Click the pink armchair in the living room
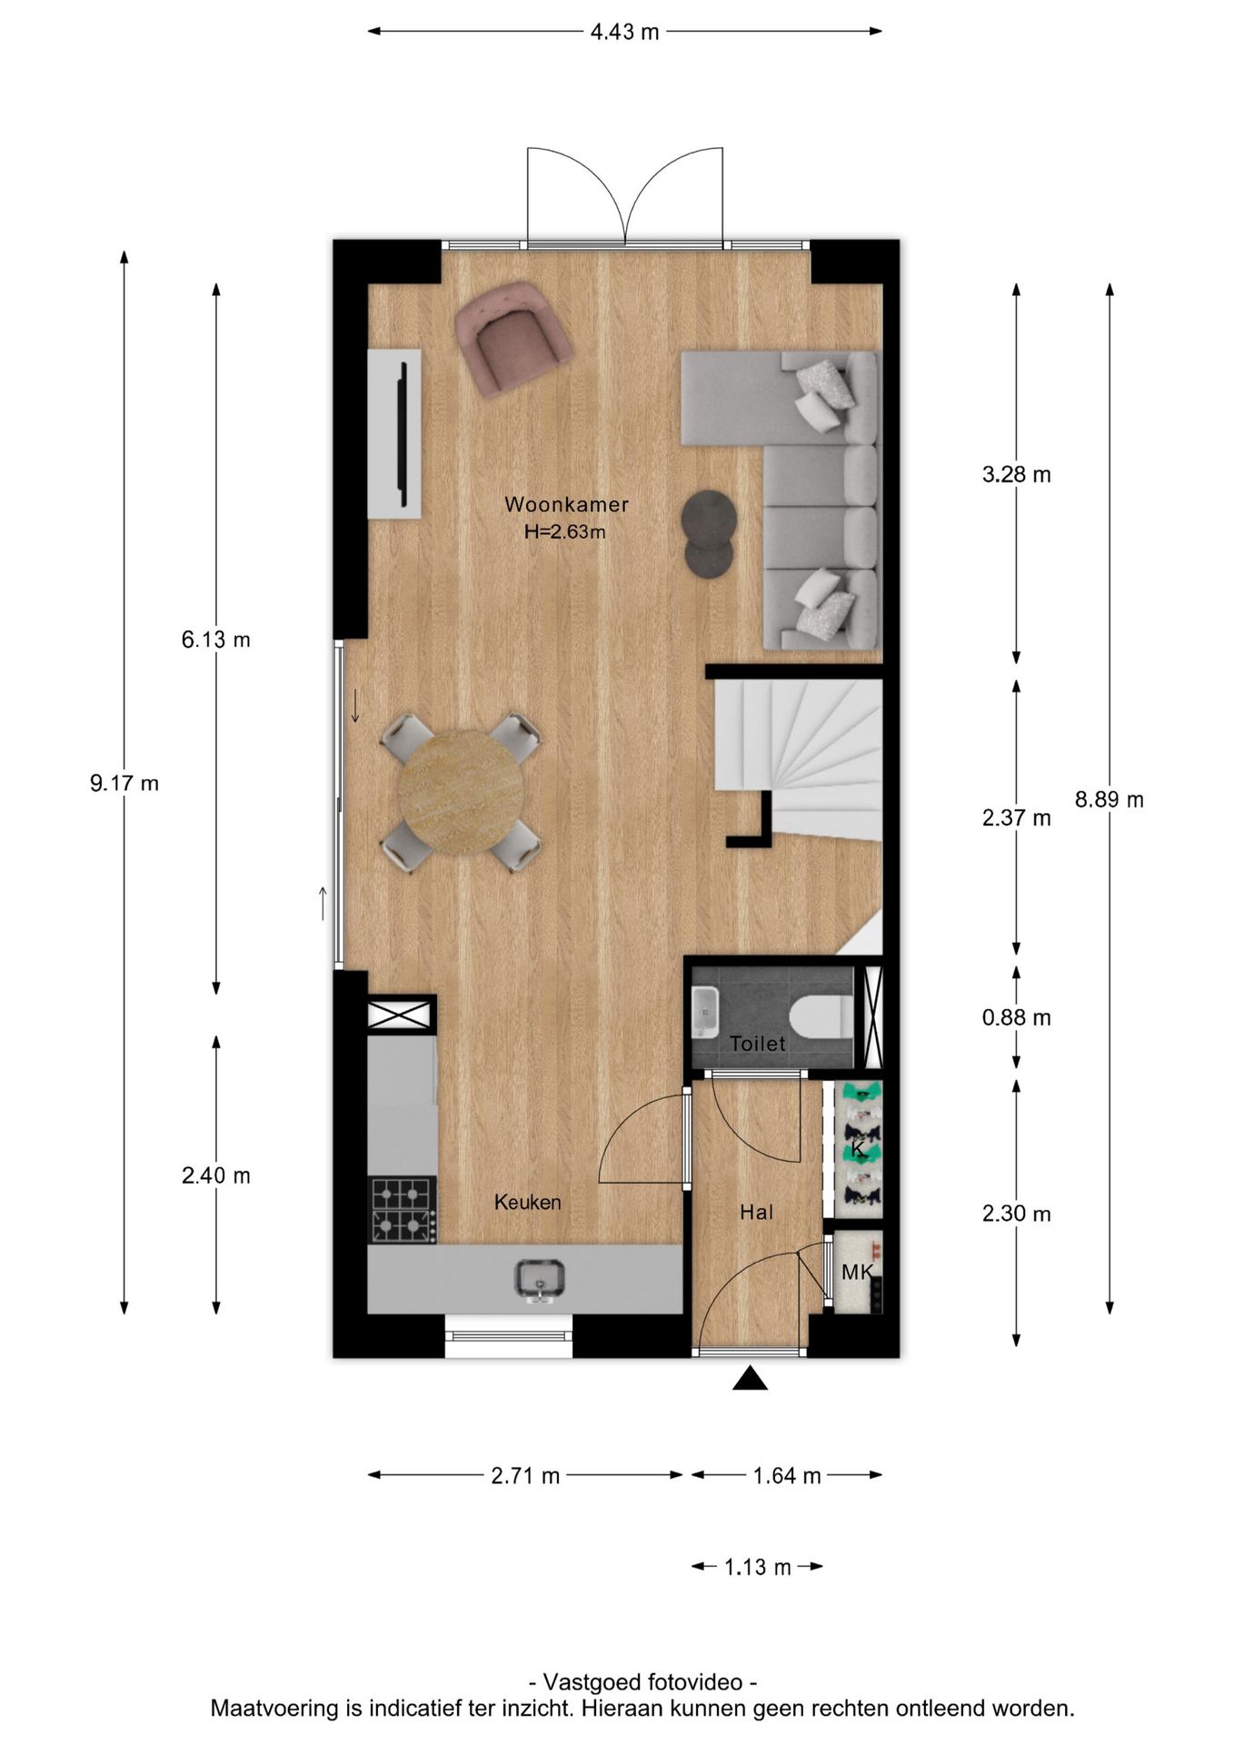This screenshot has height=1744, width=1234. (513, 336)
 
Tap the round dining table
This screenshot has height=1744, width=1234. (461, 792)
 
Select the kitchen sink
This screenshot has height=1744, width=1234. (541, 1280)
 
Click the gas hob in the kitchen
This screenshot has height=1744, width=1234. (403, 1210)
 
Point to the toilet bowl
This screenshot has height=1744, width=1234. (821, 1016)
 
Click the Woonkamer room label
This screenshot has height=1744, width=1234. (567, 504)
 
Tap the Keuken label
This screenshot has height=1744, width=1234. (528, 1202)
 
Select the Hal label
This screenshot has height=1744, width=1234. (756, 1212)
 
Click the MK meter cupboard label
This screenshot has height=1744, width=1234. (857, 1273)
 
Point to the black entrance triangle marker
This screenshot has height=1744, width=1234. (751, 1379)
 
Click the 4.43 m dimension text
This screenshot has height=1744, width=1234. (624, 32)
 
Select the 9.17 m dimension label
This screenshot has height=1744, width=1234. (124, 783)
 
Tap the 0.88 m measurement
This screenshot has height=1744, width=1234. (1017, 1018)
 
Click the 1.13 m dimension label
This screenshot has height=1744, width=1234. (757, 1567)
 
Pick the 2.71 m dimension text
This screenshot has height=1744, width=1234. (525, 1476)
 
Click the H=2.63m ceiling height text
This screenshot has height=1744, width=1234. (565, 532)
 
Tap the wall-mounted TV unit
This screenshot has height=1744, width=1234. (394, 434)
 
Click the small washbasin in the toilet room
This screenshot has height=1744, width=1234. (705, 1013)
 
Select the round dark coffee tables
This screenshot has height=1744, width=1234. (709, 534)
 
